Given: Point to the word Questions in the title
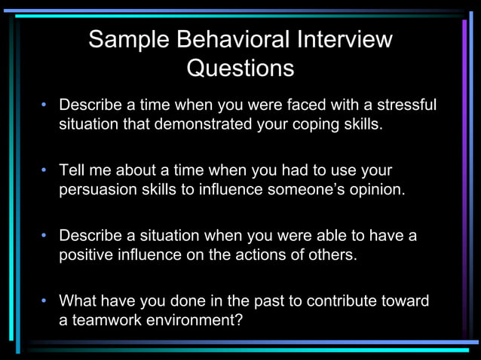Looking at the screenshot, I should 240,69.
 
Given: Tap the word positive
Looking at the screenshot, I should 85,255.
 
